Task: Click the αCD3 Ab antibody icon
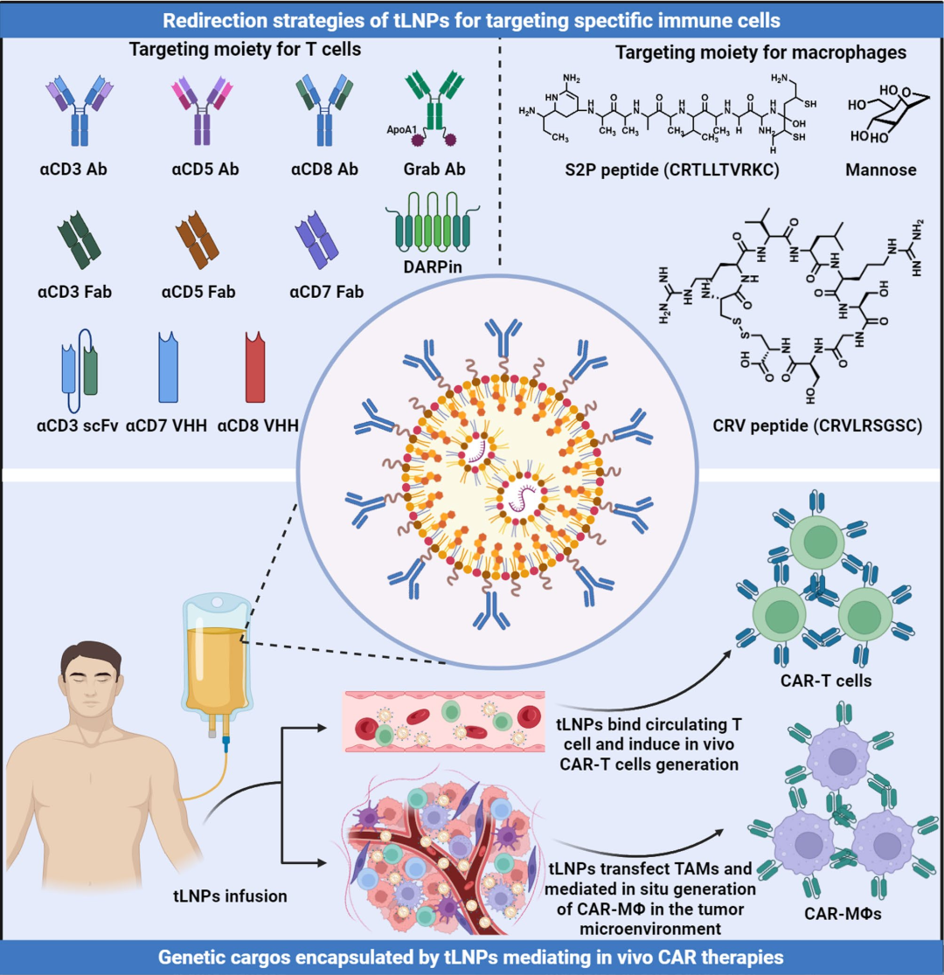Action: click(80, 111)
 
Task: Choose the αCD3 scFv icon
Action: click(79, 370)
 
